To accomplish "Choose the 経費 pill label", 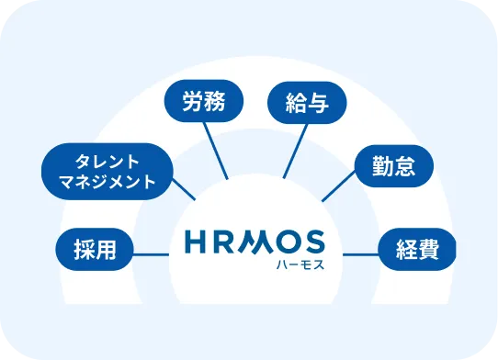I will (416, 248).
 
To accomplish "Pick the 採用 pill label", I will (95, 249).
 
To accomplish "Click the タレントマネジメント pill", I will (108, 169).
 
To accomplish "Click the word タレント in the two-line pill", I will (108, 159).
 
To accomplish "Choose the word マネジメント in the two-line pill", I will (108, 181).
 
